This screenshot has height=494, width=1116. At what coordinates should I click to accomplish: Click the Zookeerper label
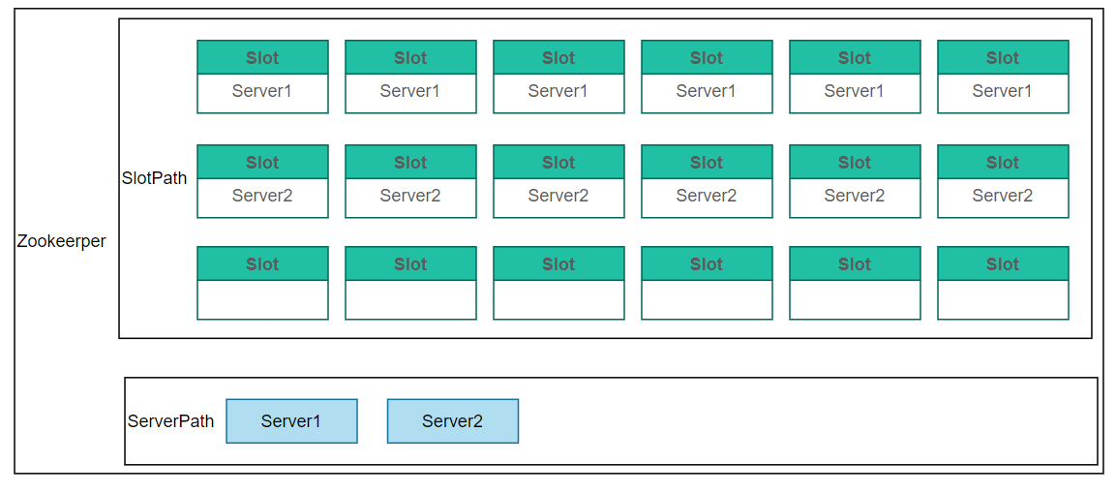pos(61,241)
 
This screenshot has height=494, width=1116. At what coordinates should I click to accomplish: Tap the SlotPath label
pos(155,178)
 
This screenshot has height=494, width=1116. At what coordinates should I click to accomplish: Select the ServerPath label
pos(170,420)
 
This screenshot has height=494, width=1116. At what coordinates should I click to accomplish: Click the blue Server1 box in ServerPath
pos(291,420)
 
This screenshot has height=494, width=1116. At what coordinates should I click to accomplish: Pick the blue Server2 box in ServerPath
pos(453,420)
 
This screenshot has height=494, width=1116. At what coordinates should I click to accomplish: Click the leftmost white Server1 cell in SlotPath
pos(262,93)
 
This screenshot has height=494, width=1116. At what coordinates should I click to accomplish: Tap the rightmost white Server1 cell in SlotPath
pos(1003,93)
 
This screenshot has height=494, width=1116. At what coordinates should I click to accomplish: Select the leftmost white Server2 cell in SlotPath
pos(262,198)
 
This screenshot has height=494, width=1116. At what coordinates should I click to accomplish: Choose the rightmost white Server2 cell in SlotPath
pos(1003,198)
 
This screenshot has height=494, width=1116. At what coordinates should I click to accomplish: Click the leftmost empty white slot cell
pos(262,299)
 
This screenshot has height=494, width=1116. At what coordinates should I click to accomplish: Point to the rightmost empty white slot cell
pos(1003,299)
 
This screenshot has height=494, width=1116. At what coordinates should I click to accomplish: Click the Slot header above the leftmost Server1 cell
pos(262,57)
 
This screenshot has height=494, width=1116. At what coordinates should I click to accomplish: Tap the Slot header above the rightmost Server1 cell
pos(1003,57)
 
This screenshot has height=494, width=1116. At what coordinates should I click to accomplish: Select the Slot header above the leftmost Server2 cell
pos(262,162)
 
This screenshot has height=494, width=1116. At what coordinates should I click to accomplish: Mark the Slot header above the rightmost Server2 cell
pos(1003,162)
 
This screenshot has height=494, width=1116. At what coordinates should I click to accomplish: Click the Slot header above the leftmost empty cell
pos(262,263)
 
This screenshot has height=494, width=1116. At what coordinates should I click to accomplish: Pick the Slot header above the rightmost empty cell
pos(1003,263)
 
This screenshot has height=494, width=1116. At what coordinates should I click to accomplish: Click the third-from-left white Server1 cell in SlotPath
pos(558,93)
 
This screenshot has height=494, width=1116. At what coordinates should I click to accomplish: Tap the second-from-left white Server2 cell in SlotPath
pos(410,198)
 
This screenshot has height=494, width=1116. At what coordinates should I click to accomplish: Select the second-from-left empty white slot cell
pos(410,299)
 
